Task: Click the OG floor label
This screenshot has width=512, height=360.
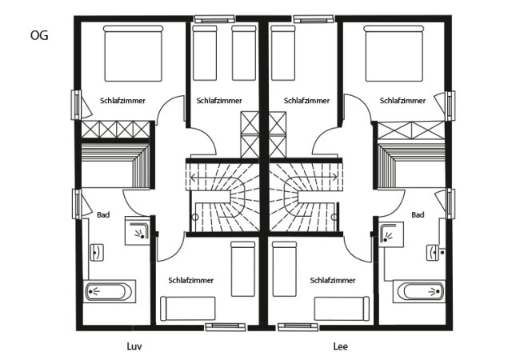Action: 39,35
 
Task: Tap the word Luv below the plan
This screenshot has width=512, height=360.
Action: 134,346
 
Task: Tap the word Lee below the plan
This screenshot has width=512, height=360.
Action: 340,346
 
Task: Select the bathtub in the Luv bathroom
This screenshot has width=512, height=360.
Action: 110,291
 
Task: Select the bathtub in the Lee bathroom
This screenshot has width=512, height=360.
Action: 419,291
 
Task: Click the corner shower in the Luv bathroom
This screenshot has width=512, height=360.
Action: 138,230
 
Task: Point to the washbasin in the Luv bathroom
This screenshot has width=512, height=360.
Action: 97,253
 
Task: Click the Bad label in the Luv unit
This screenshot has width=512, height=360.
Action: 103,214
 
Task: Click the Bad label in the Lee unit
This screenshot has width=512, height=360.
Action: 418,214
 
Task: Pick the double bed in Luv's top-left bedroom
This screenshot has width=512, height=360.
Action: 134,54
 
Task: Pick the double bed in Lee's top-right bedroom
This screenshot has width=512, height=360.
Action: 394,54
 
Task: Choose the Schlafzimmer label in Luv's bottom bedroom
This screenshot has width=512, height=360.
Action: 190,280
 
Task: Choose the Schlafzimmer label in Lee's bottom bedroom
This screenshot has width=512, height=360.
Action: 333,280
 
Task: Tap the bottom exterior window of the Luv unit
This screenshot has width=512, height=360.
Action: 226,326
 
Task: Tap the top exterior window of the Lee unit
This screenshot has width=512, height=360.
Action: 314,19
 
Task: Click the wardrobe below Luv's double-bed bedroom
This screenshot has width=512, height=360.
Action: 116,130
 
